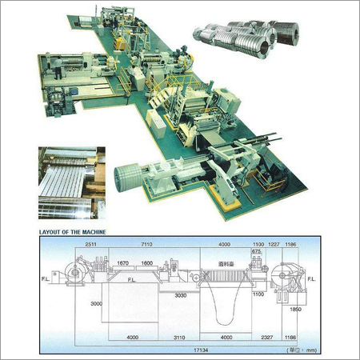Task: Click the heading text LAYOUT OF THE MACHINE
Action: coord(74,232)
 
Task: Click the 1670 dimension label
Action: coord(122,263)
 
